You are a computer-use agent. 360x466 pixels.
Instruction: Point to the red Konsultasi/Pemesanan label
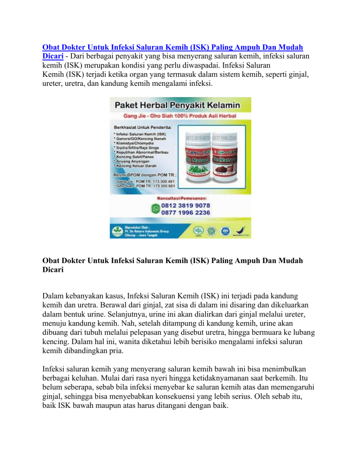[x=180, y=197]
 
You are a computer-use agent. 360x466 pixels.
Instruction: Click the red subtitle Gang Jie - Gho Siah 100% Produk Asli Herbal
[x=180, y=115]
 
